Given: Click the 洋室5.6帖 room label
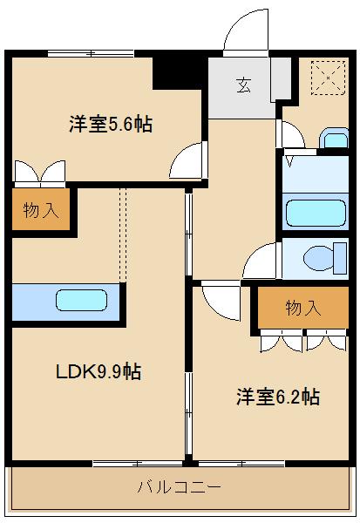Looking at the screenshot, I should coord(111,124).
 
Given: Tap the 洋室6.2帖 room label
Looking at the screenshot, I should coord(277,397).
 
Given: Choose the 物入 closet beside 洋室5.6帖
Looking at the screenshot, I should coord(40,210).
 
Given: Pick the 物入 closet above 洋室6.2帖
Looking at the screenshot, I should coord(302,307).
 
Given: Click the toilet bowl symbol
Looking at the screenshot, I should coord(321,258).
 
